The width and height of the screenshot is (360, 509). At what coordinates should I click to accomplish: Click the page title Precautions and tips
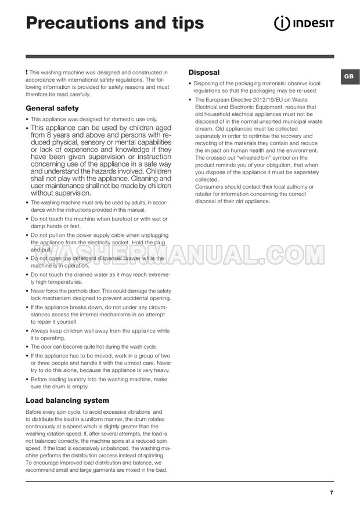[115, 23]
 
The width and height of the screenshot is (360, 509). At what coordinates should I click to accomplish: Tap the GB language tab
[347, 77]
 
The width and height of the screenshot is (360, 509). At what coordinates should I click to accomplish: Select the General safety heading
[52, 108]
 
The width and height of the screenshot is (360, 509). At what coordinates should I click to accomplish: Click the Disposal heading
[204, 73]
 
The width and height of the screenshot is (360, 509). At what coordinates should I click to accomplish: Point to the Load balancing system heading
[67, 400]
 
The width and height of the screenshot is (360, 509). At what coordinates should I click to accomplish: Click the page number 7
[331, 492]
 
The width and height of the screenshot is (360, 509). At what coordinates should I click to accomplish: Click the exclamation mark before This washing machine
[27, 71]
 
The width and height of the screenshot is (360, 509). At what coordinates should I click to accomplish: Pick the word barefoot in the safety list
[115, 219]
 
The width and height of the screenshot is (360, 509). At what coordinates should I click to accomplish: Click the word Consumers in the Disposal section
[210, 187]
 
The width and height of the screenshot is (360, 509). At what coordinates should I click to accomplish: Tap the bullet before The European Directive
[190, 100]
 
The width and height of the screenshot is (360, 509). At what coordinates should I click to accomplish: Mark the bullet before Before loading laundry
[27, 379]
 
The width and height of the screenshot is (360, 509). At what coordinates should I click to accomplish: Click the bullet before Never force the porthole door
[27, 291]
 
